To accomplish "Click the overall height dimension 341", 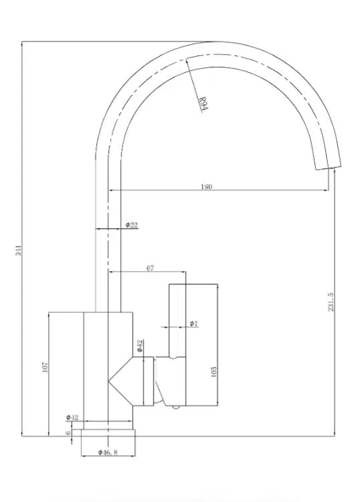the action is pos(19,252).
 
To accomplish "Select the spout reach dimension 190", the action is pos(207,188).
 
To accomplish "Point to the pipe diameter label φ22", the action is pos(132,225).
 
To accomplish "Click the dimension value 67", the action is pos(150,268).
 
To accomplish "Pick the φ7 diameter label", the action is pos(193,324).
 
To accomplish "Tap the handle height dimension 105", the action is pos(212,370).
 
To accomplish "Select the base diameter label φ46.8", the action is pos(108,453).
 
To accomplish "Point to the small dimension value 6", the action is pos(68,433).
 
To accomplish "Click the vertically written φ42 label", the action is pos(140,346).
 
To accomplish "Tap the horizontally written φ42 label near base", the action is pos(73,418).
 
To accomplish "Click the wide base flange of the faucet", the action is pos(108,433).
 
